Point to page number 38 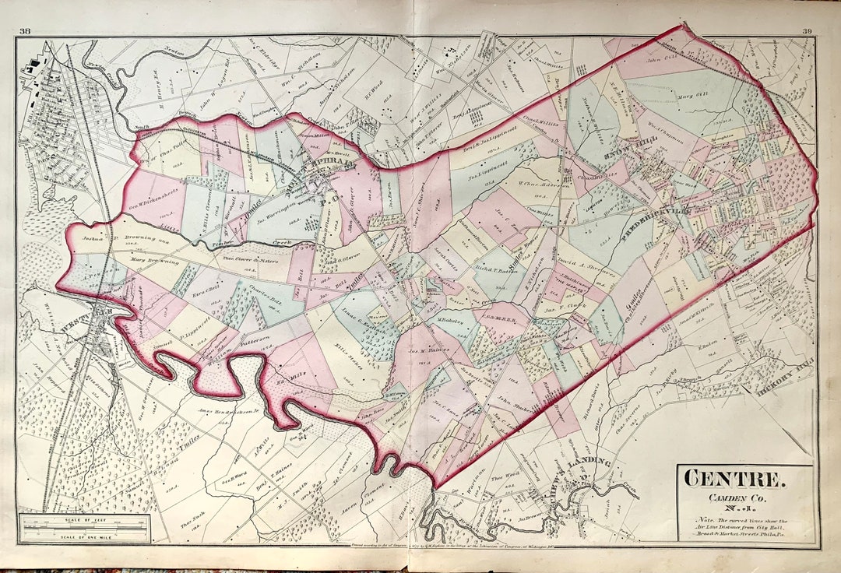tap(26, 31)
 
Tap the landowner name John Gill tap(659, 56)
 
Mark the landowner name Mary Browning tap(154, 262)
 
